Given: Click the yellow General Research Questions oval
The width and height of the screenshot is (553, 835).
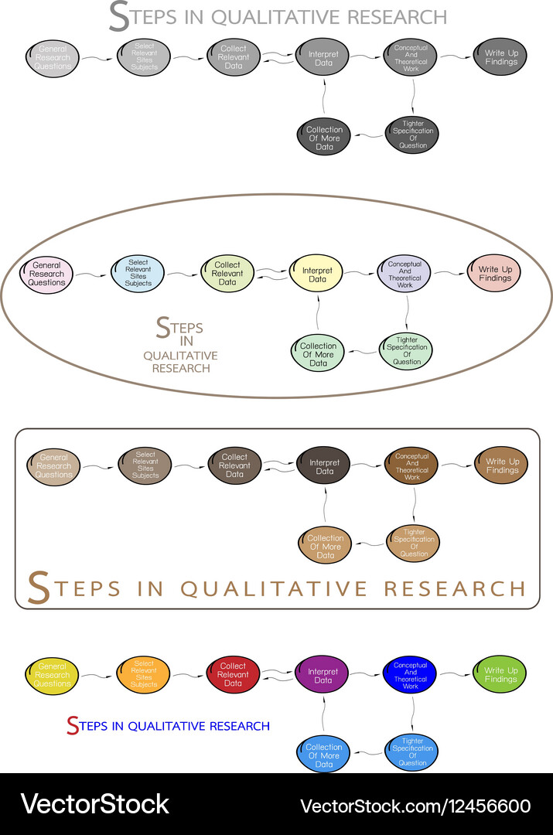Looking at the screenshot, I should (x=53, y=675).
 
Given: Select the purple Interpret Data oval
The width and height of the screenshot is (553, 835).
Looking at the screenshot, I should (x=323, y=676).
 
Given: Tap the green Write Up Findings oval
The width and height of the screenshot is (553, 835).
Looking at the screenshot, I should (x=500, y=675).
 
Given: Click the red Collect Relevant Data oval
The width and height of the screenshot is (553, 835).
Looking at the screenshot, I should (x=234, y=674).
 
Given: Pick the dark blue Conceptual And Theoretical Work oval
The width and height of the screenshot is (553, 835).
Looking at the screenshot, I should (x=411, y=675).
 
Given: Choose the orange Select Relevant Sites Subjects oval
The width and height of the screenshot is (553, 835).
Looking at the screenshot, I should (x=143, y=674).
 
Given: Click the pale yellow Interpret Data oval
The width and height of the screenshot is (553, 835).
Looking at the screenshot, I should (x=317, y=274).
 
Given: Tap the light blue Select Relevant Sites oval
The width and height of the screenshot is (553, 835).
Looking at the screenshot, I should (x=138, y=273).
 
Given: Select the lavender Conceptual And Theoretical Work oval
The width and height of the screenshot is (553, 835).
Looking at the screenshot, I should (x=405, y=274).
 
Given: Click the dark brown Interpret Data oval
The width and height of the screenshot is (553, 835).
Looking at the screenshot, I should (x=325, y=466).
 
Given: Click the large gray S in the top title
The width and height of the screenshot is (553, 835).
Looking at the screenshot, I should (x=119, y=17).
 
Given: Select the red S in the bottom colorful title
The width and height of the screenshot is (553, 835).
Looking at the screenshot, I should (x=73, y=726).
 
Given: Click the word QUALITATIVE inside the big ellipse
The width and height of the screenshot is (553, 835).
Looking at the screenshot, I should (x=180, y=356).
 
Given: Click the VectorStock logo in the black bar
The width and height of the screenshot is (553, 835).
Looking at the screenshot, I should (x=94, y=805).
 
